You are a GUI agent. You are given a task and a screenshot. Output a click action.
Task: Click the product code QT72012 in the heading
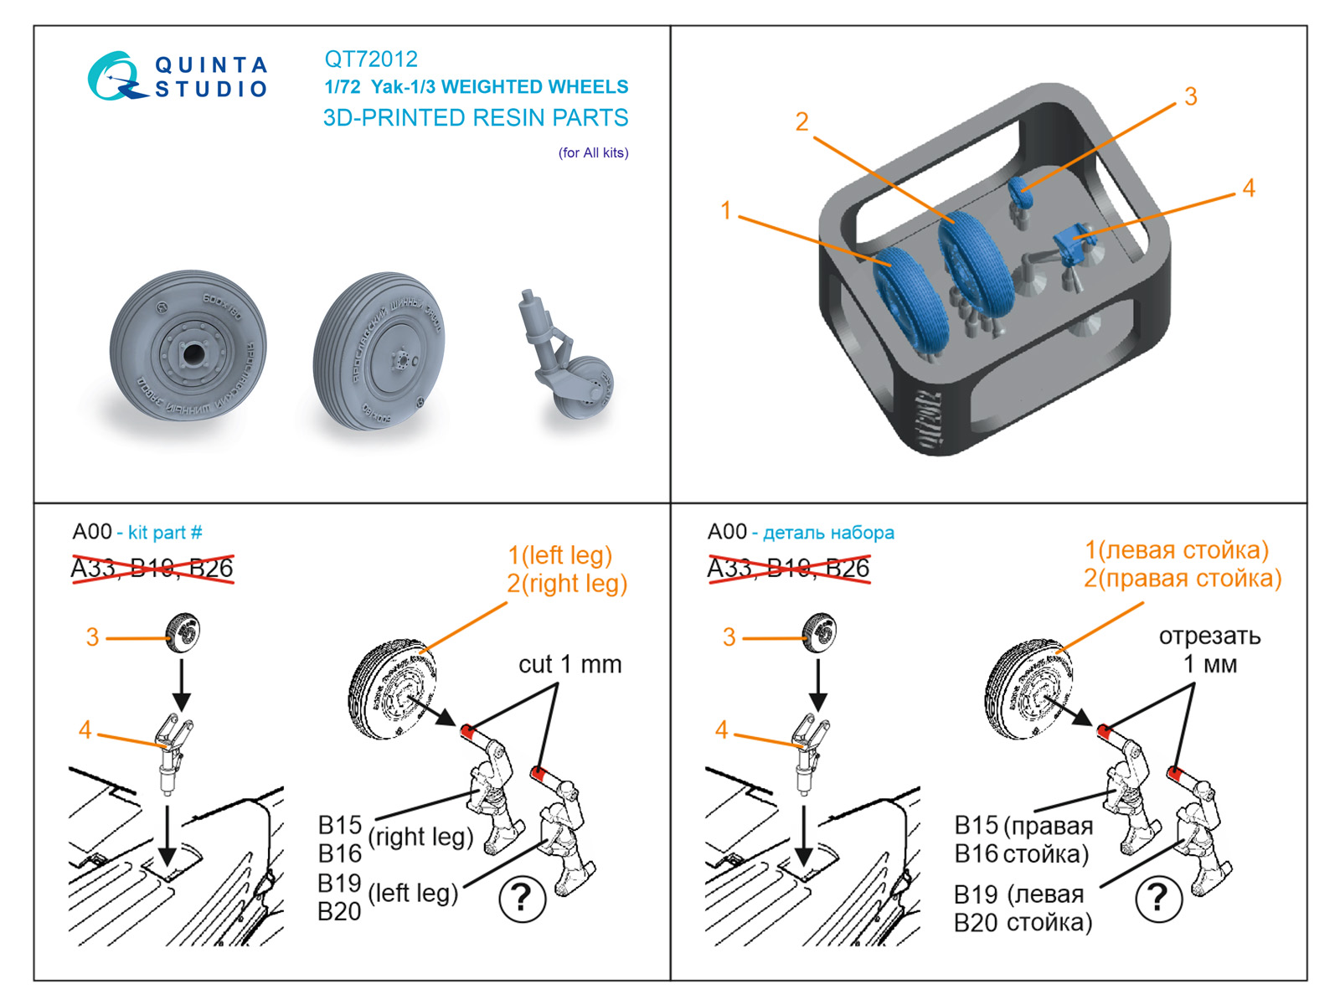[x=370, y=59]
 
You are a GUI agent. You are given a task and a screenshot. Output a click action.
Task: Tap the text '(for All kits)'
[x=593, y=152]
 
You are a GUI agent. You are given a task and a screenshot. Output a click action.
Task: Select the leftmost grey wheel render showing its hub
[x=188, y=351]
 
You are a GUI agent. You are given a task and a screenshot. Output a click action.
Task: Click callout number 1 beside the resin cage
[x=725, y=210]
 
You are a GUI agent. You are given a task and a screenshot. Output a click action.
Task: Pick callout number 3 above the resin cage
[x=1190, y=96]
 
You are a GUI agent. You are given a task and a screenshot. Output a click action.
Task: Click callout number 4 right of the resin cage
[x=1248, y=188]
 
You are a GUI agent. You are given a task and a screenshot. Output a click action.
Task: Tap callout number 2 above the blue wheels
[x=801, y=122]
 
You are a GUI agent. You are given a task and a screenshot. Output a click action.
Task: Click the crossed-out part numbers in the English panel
[x=152, y=569]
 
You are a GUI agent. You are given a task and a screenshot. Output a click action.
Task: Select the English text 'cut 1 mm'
[x=569, y=664]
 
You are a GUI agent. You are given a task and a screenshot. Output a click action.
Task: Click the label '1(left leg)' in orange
[x=559, y=555]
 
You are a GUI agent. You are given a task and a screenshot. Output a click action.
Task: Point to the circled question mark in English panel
[x=522, y=899]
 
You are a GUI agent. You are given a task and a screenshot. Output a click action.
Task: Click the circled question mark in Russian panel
[x=1158, y=899]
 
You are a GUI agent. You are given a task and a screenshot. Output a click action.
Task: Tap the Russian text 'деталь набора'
[x=827, y=533]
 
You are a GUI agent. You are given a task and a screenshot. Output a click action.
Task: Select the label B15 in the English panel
[x=339, y=825]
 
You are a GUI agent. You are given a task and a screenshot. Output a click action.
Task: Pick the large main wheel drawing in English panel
[x=391, y=689]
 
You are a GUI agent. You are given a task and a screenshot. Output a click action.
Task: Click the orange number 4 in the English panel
[x=85, y=730]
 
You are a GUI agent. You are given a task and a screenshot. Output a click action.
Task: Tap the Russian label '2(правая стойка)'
[x=1182, y=579]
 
